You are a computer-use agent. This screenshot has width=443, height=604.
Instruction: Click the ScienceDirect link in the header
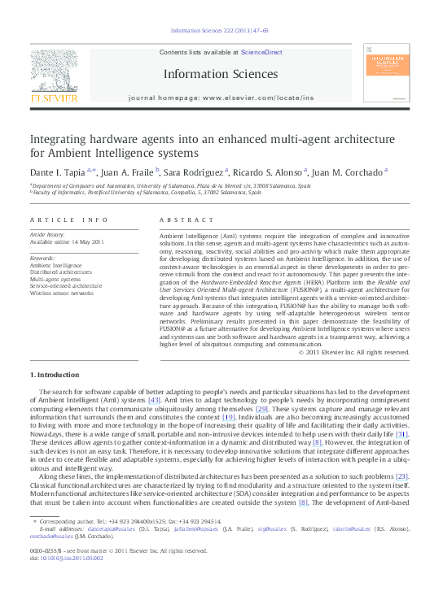tap(261, 52)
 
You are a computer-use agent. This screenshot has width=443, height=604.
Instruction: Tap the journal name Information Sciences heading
tap(220, 74)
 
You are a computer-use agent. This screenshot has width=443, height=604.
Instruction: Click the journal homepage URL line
tap(221, 98)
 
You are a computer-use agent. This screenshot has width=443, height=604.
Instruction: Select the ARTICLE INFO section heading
tap(69, 220)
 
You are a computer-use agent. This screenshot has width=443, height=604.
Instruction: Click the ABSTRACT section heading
tap(176, 220)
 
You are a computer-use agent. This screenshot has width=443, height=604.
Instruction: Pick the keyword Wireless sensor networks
tap(62, 293)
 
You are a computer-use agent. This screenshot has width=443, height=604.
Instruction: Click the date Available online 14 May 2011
tap(67, 242)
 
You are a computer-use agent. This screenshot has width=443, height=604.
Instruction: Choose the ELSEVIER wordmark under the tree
tap(54, 98)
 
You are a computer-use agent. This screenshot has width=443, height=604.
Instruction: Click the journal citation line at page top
tap(220, 30)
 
